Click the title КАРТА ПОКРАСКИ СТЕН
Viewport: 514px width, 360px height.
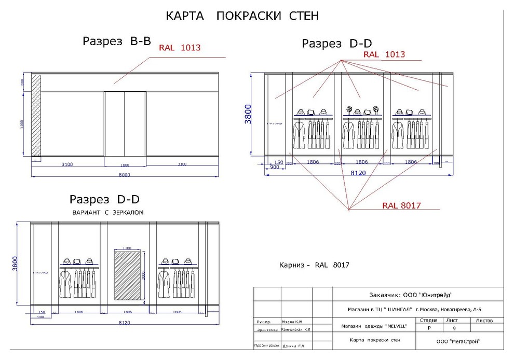[x=242, y=16]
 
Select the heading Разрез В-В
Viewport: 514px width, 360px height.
[x=116, y=42]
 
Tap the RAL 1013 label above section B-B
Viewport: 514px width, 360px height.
[x=180, y=48]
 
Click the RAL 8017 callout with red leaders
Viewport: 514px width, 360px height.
[x=401, y=205]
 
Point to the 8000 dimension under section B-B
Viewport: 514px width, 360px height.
[x=124, y=175]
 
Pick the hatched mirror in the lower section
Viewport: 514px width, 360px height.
[x=127, y=275]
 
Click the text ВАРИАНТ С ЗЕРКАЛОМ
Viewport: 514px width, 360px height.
[x=107, y=213]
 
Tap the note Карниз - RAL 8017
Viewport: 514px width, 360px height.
[x=314, y=265]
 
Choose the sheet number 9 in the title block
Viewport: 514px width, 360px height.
[x=454, y=328]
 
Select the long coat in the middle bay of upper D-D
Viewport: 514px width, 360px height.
[x=349, y=135]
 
